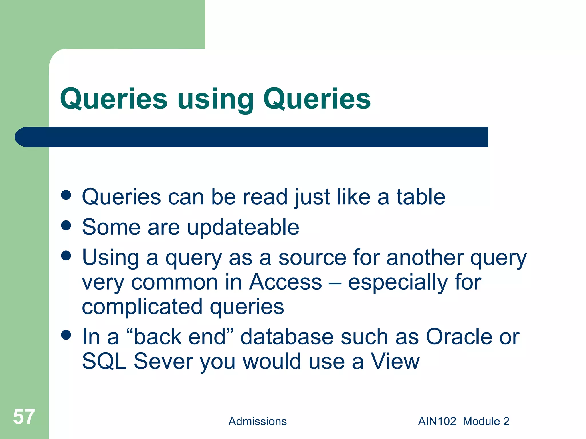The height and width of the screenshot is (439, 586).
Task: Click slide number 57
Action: tap(24, 416)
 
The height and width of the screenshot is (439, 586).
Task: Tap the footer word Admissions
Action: tap(257, 421)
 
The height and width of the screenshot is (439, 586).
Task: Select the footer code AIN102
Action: tap(437, 421)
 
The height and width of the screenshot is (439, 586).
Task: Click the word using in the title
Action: tap(215, 99)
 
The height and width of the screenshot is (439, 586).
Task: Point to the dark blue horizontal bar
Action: tap(252, 137)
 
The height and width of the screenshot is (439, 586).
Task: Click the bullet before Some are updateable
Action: tap(66, 225)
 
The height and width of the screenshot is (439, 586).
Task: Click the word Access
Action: tap(285, 282)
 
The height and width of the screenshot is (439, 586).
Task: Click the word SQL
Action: tap(104, 361)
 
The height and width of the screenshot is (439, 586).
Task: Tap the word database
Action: tap(287, 336)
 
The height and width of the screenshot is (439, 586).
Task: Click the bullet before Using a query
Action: tap(66, 256)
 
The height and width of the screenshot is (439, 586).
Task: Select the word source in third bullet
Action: tap(312, 258)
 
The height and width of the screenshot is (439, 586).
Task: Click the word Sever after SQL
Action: tap(163, 361)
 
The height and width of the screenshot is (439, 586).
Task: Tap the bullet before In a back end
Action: tap(66, 335)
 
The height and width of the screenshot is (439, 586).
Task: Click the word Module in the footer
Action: tap(481, 421)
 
